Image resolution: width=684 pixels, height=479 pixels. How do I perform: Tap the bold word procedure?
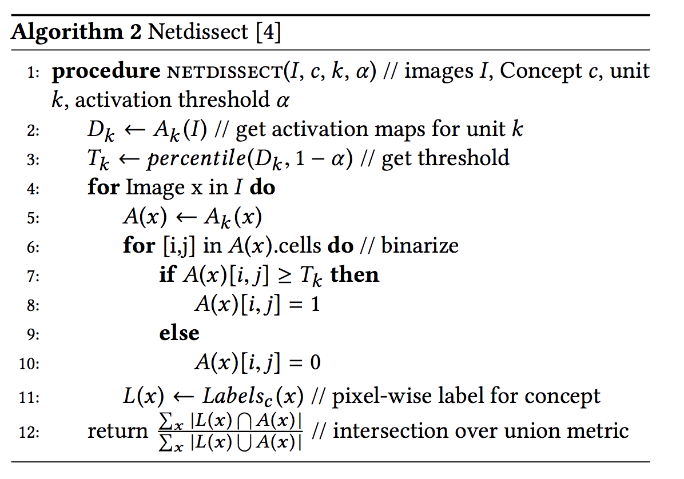coord(107,71)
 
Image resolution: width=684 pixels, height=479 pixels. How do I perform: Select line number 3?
coord(33,159)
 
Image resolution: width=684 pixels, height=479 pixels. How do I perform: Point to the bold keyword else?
coord(179,333)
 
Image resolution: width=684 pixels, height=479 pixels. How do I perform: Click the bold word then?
coord(355,275)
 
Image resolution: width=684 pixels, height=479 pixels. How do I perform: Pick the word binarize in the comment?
coord(420,246)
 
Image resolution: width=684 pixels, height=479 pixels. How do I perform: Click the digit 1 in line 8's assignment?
coord(314,304)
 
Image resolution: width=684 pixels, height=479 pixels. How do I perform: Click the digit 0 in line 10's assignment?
coord(315,362)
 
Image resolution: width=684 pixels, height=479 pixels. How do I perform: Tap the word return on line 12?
coord(117,431)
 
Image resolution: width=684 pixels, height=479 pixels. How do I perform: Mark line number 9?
coord(33,334)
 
